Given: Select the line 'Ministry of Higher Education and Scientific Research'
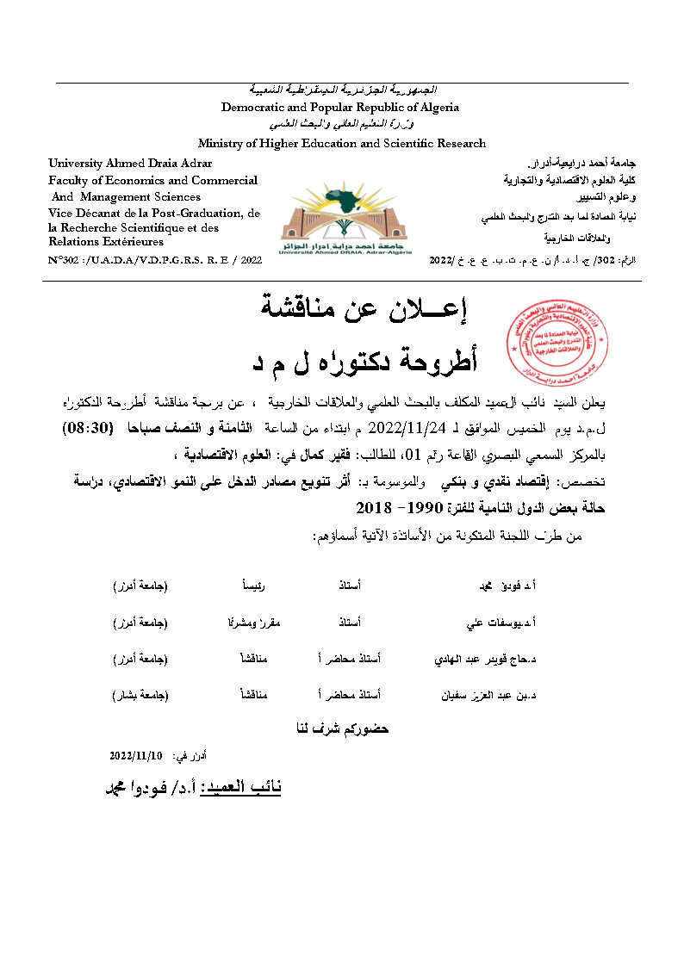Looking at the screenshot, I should click(x=342, y=144).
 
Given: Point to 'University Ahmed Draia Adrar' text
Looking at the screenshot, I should click(x=130, y=163).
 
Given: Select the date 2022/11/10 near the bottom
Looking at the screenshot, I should click(x=136, y=755).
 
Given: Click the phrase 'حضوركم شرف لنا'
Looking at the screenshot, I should click(x=342, y=728).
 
